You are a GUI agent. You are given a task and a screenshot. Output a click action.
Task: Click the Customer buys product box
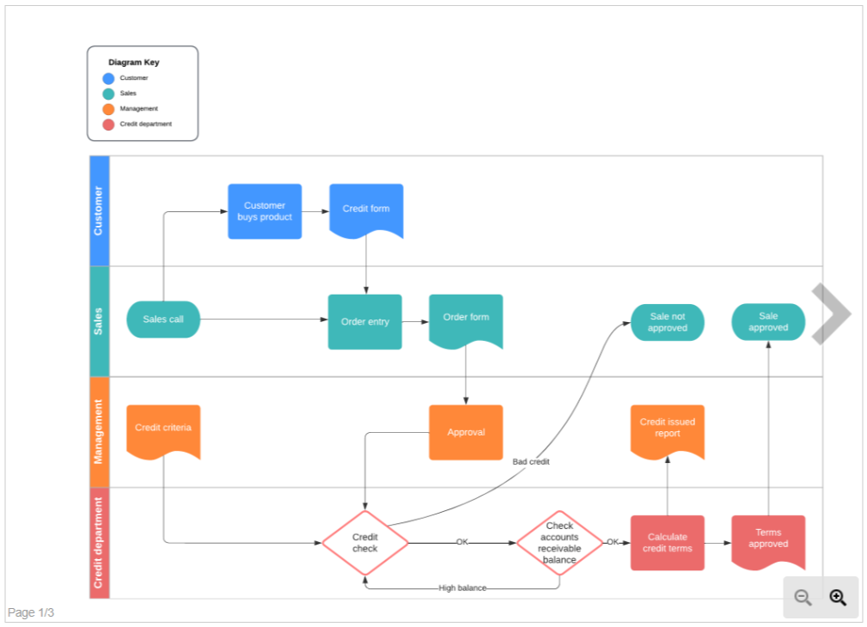pyautogui.click(x=265, y=211)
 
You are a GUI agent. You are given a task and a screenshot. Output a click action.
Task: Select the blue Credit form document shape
pyautogui.click(x=366, y=210)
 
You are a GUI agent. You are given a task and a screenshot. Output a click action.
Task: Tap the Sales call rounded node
pyautogui.click(x=163, y=320)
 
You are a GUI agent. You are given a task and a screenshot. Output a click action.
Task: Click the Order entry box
pyautogui.click(x=364, y=321)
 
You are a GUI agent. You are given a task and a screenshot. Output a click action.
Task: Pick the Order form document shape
pyautogui.click(x=466, y=320)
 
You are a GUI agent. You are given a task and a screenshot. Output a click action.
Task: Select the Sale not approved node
pyautogui.click(x=668, y=322)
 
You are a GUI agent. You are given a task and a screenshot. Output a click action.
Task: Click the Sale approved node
pyautogui.click(x=768, y=322)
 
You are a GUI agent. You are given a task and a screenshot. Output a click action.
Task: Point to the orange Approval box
pyautogui.click(x=466, y=432)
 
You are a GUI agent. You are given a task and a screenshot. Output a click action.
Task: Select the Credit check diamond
pyautogui.click(x=365, y=543)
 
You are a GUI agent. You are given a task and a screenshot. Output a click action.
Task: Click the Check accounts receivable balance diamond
pyautogui.click(x=559, y=543)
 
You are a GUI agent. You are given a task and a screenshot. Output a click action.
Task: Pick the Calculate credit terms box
pyautogui.click(x=668, y=543)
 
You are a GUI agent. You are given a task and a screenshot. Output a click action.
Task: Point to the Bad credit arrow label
pyautogui.click(x=531, y=462)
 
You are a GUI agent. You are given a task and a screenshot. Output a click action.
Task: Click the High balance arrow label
pyautogui.click(x=462, y=588)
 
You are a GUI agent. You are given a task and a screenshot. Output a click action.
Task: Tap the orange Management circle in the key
pyautogui.click(x=108, y=109)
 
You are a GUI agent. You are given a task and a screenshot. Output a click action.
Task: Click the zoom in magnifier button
pyautogui.click(x=838, y=598)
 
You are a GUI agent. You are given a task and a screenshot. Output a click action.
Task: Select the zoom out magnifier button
pyautogui.click(x=803, y=598)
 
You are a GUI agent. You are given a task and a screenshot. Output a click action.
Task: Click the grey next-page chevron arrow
pyautogui.click(x=831, y=314)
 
